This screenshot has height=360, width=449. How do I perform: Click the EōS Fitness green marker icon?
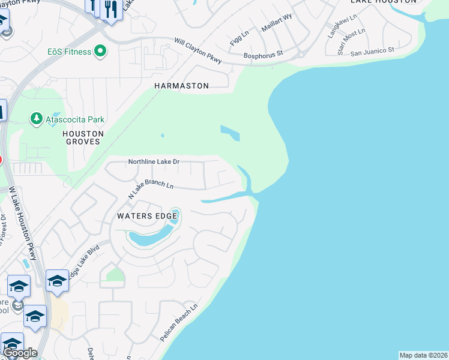point(100,52)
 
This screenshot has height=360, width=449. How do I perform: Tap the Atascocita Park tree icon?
point(37,119)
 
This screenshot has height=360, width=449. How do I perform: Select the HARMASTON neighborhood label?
point(181,86)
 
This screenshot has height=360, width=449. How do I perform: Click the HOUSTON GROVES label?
point(83,138)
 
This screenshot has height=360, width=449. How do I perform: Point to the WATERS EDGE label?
point(147,215)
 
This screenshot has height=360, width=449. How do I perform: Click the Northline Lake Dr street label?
point(154,162)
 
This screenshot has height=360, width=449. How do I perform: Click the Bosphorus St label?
point(263,55)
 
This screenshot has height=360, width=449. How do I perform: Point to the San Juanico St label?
point(372,52)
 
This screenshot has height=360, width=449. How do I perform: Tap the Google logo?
point(19,353)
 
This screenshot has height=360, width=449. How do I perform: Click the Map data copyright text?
point(423,355)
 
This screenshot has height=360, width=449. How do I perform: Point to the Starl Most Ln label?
point(351,40)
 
